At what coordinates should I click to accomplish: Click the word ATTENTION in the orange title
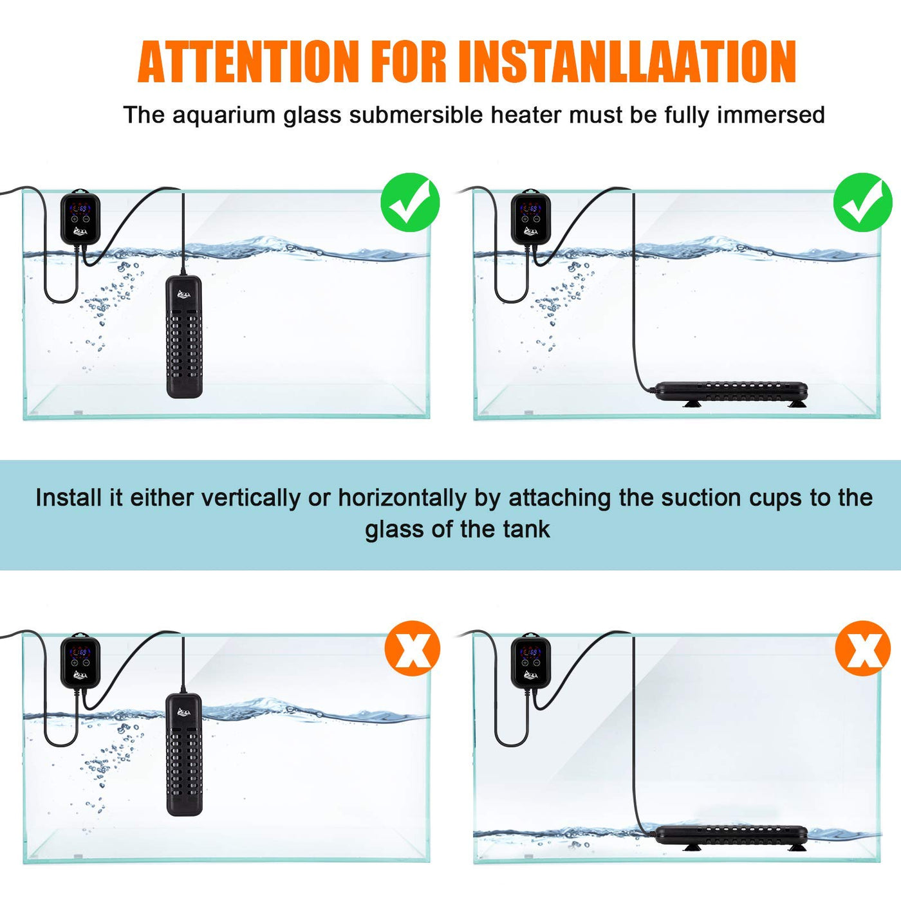(x=248, y=62)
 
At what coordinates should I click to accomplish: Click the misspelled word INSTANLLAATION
(x=627, y=62)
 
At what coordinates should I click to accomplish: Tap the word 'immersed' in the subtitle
(x=771, y=115)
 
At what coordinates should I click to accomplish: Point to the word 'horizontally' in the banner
(x=402, y=498)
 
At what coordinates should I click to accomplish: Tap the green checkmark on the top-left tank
(x=410, y=202)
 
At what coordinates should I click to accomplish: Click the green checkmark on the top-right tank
(x=862, y=202)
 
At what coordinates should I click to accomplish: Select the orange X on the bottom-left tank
(x=413, y=649)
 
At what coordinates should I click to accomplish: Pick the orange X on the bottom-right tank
(x=863, y=649)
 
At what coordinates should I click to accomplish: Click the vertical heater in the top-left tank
(x=184, y=337)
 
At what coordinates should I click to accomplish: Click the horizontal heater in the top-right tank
(x=731, y=393)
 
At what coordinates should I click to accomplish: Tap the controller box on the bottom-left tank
(x=80, y=661)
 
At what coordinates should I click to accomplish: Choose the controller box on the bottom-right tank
(x=531, y=661)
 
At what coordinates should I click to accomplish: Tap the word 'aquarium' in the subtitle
(x=223, y=116)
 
